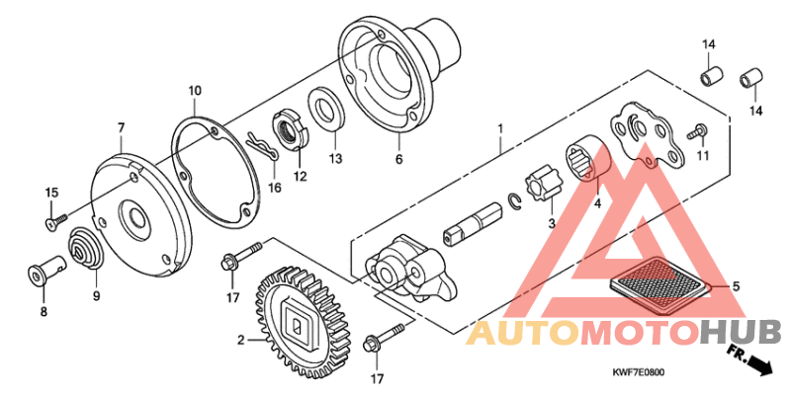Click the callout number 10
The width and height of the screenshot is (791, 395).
pos(195,91)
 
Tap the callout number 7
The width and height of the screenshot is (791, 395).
pos(121,128)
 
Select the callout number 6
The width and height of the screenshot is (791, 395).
pos(399,158)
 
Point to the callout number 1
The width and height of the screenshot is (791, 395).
pos(500,128)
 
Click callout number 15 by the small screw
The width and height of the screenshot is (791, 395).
pos(52,192)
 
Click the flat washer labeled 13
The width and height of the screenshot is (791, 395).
pos(325,109)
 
